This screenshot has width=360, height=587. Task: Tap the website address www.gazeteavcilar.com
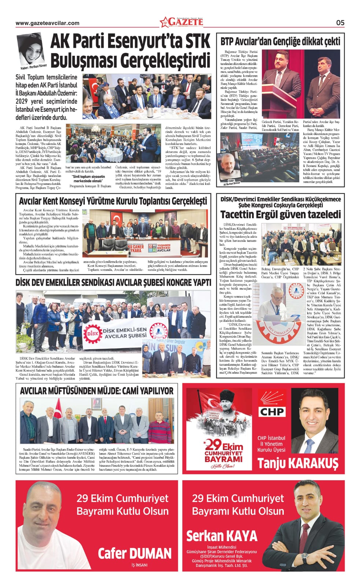[47, 23]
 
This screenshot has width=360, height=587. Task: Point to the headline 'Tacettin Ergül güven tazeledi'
[280, 214]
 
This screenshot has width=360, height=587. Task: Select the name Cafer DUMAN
[135, 553]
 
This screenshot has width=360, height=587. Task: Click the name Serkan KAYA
[222, 536]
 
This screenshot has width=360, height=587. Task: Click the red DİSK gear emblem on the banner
[91, 333]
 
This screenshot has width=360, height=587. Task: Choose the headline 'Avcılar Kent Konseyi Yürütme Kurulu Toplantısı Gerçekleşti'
[113, 201]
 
